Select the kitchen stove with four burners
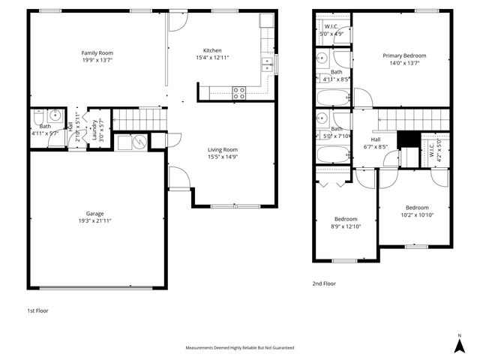click(239, 93)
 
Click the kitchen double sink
click(267, 67)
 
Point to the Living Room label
click(223, 150)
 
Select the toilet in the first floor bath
click(38, 117)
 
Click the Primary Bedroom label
click(404, 55)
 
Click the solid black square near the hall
click(406, 139)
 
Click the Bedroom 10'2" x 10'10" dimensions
click(417, 214)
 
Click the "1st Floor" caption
click(37, 310)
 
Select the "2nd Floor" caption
click(324, 283)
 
